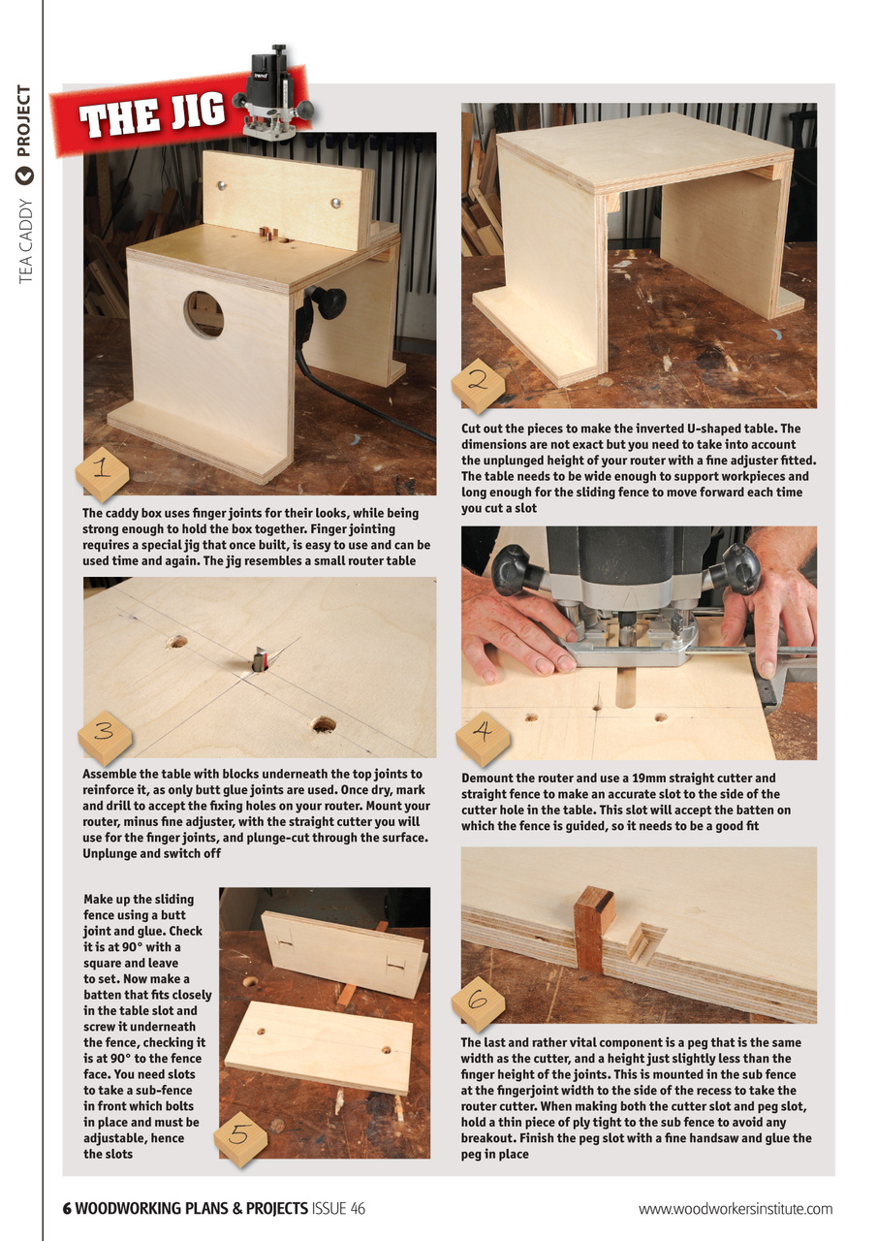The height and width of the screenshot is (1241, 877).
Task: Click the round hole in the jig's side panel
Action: click(204, 314)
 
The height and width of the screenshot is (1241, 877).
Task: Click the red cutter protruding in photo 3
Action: click(259, 661)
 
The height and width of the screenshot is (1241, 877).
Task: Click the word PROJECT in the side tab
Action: click(24, 122)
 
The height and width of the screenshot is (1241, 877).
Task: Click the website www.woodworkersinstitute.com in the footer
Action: click(735, 1208)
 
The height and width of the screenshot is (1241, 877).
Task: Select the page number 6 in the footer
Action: click(67, 1208)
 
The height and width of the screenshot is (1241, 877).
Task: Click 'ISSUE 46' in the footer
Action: click(338, 1208)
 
